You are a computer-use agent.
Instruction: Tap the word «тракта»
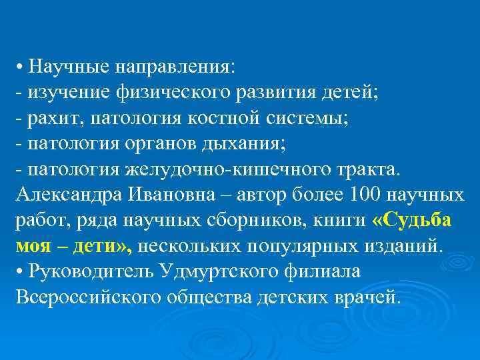coord(365,169)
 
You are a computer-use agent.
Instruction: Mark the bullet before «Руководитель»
coord(19,272)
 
